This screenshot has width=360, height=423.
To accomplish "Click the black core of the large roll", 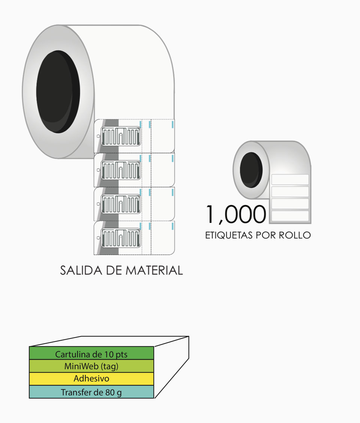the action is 58,92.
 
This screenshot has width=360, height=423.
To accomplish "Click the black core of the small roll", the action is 251,170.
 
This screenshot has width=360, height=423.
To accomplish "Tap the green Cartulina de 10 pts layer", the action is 91,353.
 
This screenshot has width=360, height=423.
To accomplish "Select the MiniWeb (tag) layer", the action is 91,366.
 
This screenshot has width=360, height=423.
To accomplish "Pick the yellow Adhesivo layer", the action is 91,379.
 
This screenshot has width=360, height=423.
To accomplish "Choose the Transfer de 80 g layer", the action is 91,392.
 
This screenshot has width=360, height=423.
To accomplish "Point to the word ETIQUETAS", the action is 229,235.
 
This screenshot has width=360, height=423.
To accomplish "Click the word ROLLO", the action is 294,235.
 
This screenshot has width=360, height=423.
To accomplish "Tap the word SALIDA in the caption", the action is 81,270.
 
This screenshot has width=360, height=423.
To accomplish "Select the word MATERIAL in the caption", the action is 154,270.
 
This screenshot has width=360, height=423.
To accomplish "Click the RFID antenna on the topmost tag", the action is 121,136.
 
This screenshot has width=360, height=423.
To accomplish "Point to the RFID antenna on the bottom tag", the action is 121,238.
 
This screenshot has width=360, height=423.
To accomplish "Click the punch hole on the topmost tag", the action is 98,136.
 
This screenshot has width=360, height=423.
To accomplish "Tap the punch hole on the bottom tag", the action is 98,238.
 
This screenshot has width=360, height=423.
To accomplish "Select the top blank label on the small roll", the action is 290,180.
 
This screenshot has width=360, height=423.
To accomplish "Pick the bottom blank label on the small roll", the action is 290,216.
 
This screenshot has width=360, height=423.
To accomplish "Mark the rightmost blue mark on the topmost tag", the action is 172,124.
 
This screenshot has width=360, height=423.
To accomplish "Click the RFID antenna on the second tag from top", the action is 121,170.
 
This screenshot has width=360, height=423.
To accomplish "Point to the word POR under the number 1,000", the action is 266,235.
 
